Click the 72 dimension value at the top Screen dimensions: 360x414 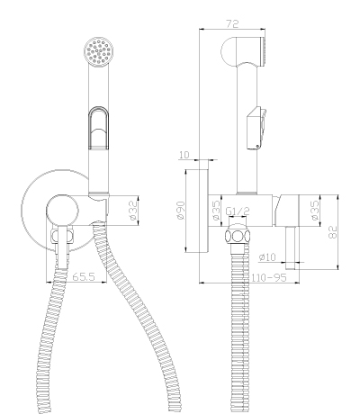[x=232, y=23]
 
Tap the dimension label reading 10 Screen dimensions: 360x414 [x=184, y=155]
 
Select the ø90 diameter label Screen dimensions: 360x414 [x=181, y=211]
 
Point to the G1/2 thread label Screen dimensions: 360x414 [x=238, y=211]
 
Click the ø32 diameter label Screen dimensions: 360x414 [x=133, y=210]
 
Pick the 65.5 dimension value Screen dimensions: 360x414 [x=84, y=276]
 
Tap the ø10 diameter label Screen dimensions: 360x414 [x=267, y=257]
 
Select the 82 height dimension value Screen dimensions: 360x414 [x=333, y=231]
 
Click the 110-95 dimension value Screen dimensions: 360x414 [x=269, y=277]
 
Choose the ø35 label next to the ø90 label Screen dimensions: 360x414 [x=216, y=210]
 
